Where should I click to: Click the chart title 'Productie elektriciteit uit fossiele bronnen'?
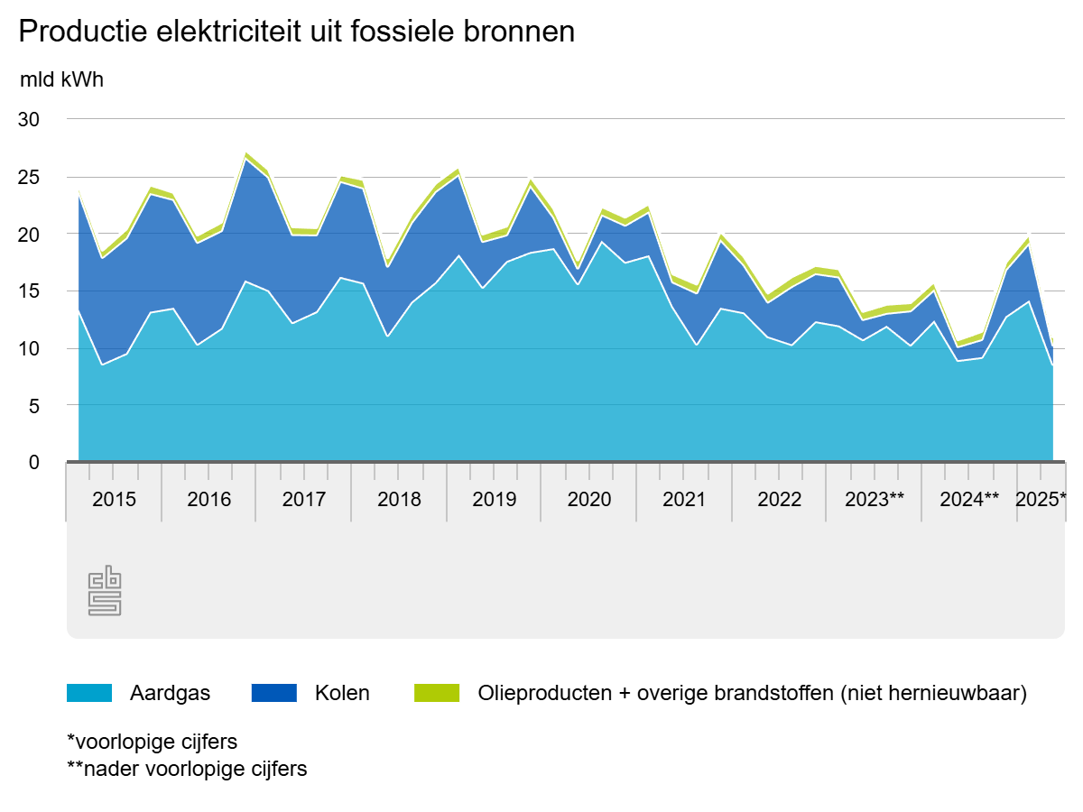click(296, 32)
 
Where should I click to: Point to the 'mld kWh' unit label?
click(61, 79)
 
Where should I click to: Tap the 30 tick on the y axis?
click(30, 119)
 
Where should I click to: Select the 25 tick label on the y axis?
click(30, 177)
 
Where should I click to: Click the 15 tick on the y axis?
click(30, 291)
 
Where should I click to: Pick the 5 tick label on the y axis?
click(34, 406)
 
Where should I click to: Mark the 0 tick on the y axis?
click(34, 463)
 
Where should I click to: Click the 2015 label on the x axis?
click(115, 500)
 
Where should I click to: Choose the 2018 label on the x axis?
click(399, 500)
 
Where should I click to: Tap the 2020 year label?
click(589, 500)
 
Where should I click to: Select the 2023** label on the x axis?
click(874, 500)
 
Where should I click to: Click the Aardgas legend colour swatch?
click(89, 693)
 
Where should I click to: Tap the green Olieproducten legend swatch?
click(437, 693)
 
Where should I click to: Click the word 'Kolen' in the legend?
click(342, 693)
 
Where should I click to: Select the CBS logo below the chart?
click(105, 591)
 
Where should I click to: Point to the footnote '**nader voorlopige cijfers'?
click(187, 770)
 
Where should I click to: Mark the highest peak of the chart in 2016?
click(245, 154)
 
